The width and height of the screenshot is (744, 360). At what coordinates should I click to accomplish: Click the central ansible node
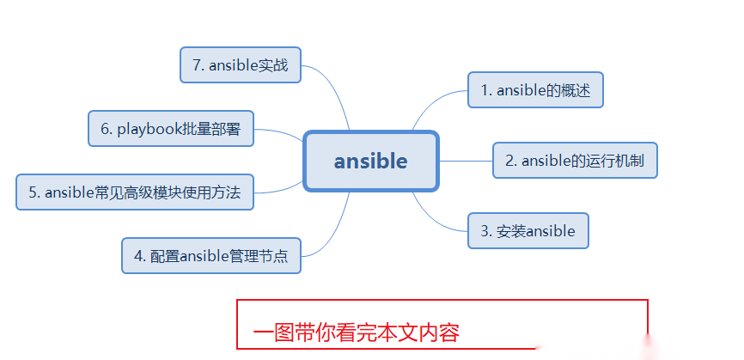tap(371, 161)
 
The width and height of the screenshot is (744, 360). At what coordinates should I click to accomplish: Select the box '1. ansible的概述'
tap(536, 90)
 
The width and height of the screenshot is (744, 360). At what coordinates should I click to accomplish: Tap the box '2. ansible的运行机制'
tap(575, 160)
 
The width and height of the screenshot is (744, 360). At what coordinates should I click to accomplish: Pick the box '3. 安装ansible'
tap(528, 230)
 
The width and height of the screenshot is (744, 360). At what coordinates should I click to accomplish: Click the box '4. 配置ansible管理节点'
tap(211, 255)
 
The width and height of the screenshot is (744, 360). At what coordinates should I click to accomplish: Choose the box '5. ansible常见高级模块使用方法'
tap(135, 192)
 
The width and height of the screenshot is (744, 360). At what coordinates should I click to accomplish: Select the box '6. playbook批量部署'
tap(170, 129)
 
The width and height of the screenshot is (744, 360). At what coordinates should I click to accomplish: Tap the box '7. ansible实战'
tap(241, 64)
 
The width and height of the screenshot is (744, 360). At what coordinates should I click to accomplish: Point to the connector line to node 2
tap(466, 161)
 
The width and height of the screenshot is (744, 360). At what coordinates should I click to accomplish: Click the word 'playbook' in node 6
tap(147, 129)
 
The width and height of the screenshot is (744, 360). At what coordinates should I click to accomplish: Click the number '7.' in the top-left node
tap(198, 65)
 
